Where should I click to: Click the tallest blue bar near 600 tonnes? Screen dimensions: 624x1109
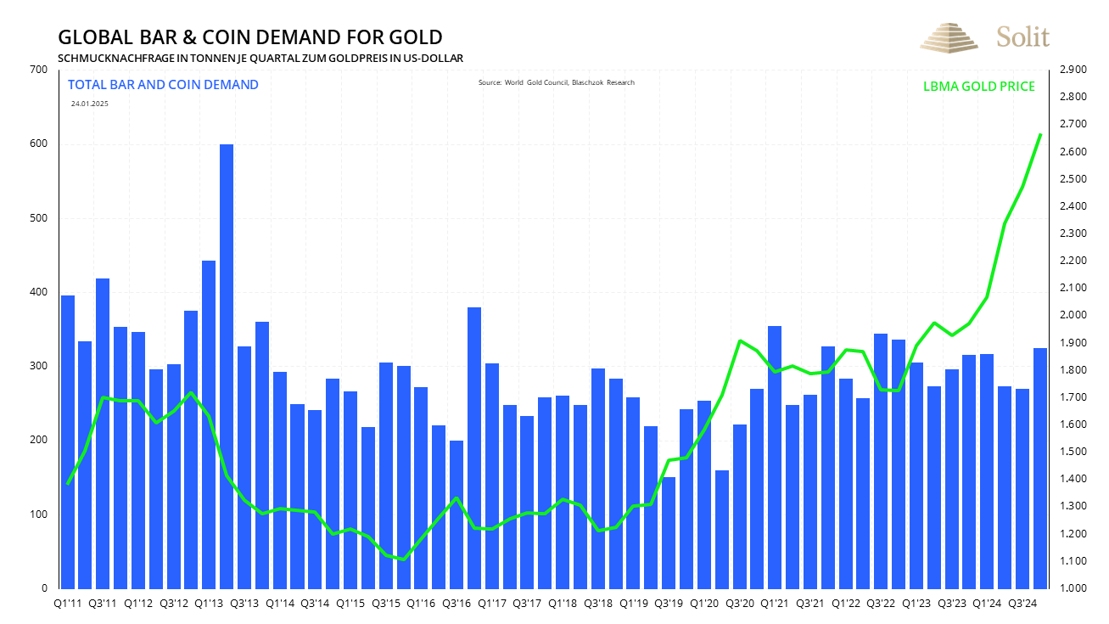(227, 365)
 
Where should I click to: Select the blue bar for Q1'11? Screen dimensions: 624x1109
(68, 441)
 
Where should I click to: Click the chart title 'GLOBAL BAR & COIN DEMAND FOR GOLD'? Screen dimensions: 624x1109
(249, 37)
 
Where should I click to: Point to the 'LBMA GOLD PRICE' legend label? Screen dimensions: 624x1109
(978, 87)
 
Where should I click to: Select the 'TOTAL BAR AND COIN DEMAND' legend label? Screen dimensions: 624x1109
(163, 85)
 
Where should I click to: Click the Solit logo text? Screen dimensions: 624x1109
(1023, 37)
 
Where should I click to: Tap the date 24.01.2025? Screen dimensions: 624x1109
(90, 104)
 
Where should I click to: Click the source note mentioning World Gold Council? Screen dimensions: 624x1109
(556, 82)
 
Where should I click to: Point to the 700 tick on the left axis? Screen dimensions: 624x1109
(38, 70)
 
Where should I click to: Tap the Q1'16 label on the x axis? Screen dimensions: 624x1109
(421, 603)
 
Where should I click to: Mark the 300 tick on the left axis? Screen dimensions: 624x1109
(38, 366)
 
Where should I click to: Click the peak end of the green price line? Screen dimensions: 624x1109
(1041, 134)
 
